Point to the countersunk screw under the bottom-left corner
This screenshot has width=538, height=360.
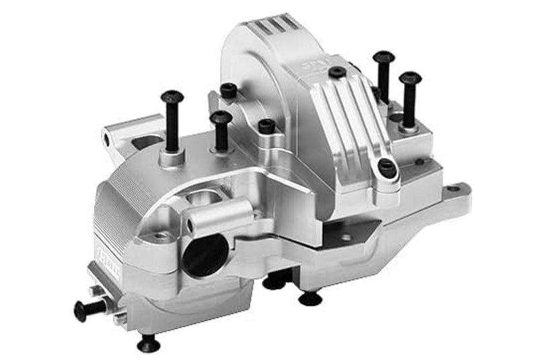[148, 344]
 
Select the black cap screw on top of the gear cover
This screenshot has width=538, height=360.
[337, 71]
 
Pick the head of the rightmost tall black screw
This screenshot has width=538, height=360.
[410, 79]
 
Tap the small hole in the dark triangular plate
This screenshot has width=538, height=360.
[346, 237]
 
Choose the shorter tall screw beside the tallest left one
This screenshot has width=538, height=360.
[221, 118]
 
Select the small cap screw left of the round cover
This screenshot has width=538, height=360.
[229, 89]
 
